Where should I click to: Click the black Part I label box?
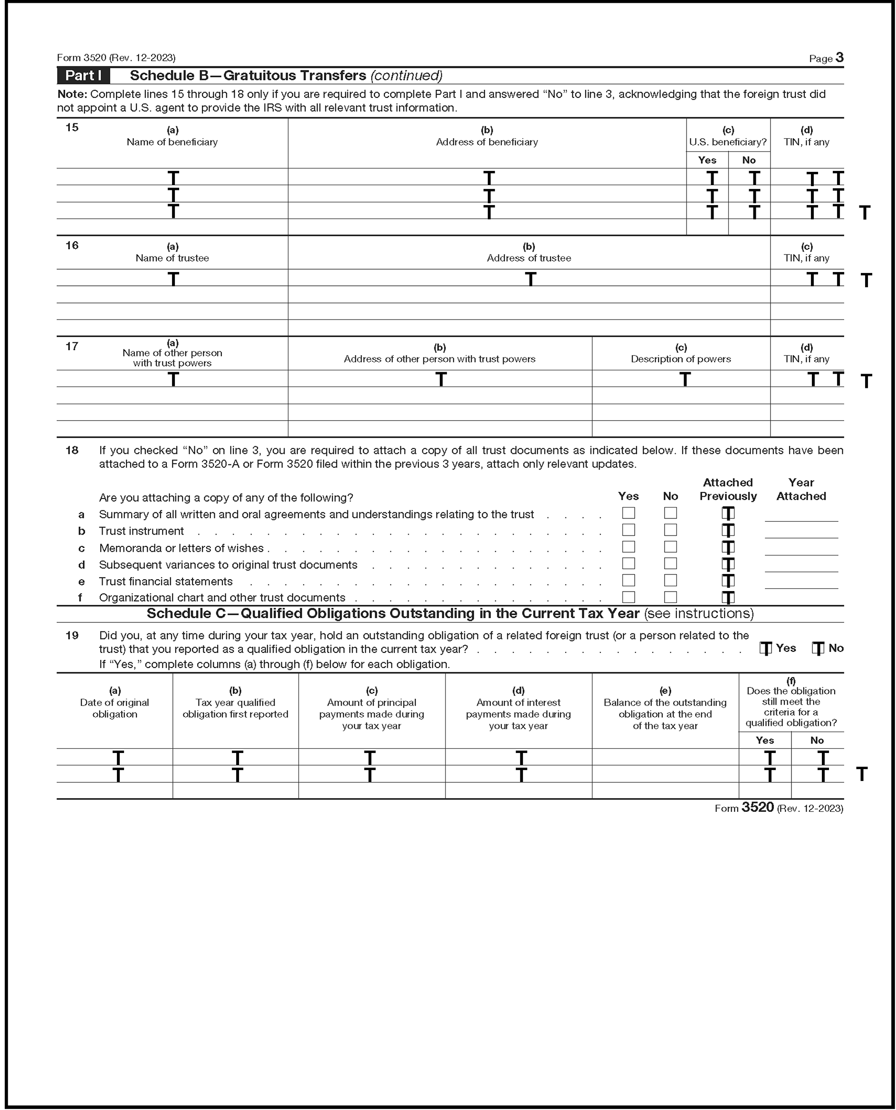(83, 75)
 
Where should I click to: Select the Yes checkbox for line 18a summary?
(628, 513)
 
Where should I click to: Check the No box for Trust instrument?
(670, 530)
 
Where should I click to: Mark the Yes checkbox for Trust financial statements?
(628, 580)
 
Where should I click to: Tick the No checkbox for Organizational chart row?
(670, 597)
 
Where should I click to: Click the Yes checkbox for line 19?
(765, 649)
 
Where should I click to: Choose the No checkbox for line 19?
(818, 649)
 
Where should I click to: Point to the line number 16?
(72, 245)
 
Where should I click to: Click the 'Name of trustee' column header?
(172, 258)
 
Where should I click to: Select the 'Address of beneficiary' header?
(486, 142)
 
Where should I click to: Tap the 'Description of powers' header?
(681, 359)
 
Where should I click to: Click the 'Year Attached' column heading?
(801, 489)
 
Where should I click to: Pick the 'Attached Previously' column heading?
(728, 489)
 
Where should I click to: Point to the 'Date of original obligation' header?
(114, 708)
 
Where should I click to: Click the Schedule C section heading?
(449, 614)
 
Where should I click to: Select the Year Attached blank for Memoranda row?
(801, 550)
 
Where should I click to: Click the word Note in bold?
(72, 94)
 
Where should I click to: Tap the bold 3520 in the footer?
(757, 808)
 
